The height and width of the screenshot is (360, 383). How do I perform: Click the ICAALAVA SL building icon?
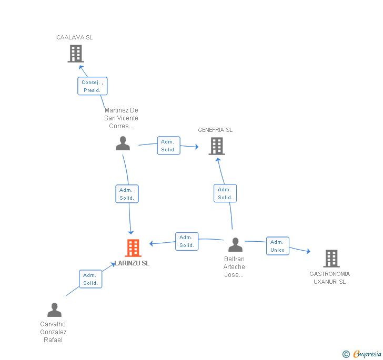pyautogui.click(x=76, y=53)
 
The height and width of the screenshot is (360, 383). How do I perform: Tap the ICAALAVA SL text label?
pyautogui.click(x=74, y=37)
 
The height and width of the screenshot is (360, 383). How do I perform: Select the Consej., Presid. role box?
pyautogui.click(x=92, y=86)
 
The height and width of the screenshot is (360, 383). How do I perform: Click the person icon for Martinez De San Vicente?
pyautogui.click(x=123, y=143)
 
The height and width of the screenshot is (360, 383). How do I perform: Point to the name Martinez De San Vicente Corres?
pyautogui.click(x=122, y=118)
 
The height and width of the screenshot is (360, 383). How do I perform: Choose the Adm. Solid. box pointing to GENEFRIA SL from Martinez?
pyautogui.click(x=168, y=146)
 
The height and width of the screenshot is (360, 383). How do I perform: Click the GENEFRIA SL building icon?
pyautogui.click(x=217, y=146)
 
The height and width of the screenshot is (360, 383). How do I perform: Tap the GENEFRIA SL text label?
pyautogui.click(x=215, y=130)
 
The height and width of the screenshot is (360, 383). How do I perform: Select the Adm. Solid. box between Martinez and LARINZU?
pyautogui.click(x=127, y=194)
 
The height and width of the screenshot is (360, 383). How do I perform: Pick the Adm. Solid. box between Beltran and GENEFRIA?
pyautogui.click(x=225, y=193)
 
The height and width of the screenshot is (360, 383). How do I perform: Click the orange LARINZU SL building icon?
pyautogui.click(x=133, y=248)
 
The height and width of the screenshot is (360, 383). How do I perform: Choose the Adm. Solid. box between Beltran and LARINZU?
pyautogui.click(x=187, y=241)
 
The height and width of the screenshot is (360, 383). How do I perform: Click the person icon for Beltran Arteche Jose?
pyautogui.click(x=235, y=245)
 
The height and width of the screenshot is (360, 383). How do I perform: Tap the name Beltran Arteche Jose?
pyautogui.click(x=234, y=267)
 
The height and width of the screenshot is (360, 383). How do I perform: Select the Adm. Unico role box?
pyautogui.click(x=277, y=246)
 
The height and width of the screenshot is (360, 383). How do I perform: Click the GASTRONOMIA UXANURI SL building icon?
pyautogui.click(x=331, y=258)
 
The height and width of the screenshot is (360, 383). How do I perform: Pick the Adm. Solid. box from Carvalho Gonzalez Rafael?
pyautogui.click(x=90, y=279)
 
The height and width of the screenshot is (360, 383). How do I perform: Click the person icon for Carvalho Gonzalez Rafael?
pyautogui.click(x=54, y=310)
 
